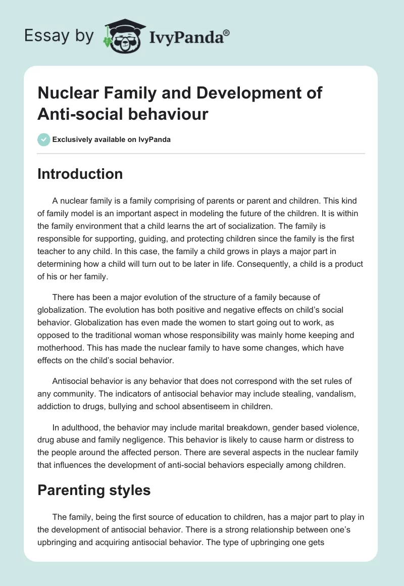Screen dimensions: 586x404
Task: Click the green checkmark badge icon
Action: coord(44,139)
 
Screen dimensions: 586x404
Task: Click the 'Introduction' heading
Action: coord(80,174)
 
